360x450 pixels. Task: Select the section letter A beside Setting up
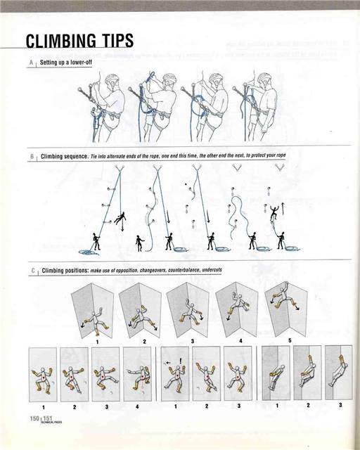click(x=32, y=63)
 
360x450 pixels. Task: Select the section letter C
click(x=32, y=270)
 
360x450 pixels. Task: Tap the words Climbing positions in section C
click(x=65, y=270)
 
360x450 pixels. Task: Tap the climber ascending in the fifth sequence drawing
click(x=274, y=211)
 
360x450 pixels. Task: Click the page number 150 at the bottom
click(x=34, y=419)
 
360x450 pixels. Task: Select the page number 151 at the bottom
click(x=48, y=419)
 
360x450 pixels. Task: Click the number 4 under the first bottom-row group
click(x=136, y=406)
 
